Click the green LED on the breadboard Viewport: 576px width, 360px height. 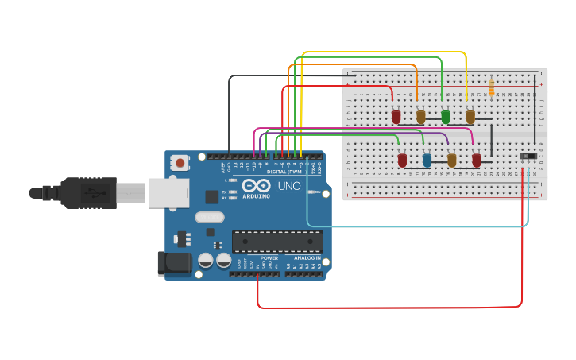(x=446, y=117)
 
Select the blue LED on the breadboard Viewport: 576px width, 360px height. (x=427, y=161)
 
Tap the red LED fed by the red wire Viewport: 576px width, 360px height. (x=396, y=117)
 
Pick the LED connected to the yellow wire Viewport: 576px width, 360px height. (x=470, y=117)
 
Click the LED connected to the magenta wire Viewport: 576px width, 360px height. (x=477, y=161)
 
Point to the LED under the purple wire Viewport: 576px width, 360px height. (x=451, y=161)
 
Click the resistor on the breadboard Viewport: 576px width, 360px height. (x=492, y=87)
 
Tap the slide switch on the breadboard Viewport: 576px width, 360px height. (x=527, y=157)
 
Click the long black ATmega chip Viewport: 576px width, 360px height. (x=277, y=242)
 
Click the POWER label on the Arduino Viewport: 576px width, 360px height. (x=269, y=258)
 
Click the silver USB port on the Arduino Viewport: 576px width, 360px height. (x=168, y=192)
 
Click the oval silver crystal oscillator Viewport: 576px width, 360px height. (x=210, y=217)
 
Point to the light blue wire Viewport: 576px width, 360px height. (x=413, y=226)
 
